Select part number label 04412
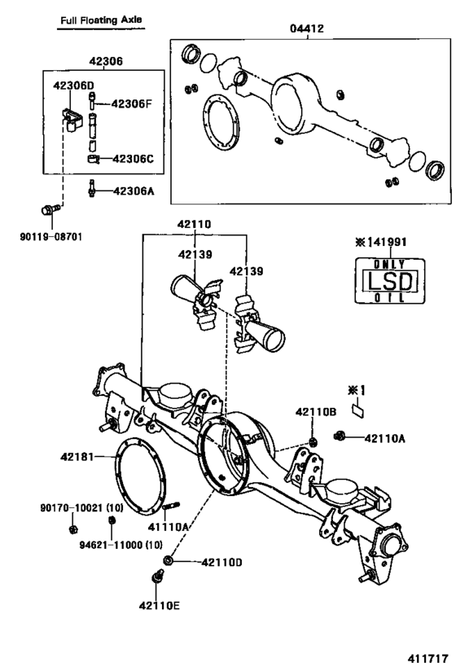pos(305,29)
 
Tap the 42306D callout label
pos(73,85)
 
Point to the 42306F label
pos(132,103)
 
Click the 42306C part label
pos(132,159)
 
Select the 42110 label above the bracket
pos(195,223)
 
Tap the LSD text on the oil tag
pos(389,283)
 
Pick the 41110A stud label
pos(169,527)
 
